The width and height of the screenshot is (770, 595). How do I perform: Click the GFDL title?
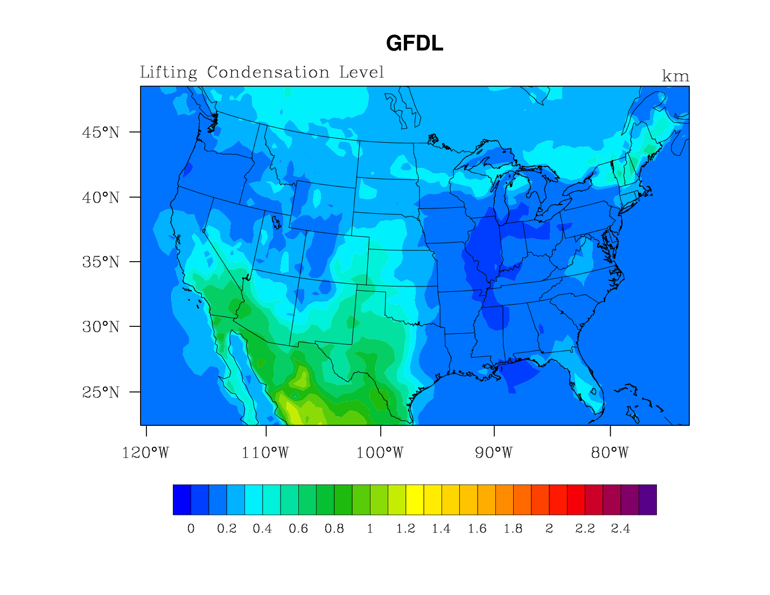415,44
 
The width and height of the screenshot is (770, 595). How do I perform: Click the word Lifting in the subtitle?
169,72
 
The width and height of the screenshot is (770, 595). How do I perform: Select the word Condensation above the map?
268,72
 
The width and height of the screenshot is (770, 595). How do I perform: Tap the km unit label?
675,76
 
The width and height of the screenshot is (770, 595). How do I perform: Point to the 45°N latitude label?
101,132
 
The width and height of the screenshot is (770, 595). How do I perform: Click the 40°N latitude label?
101,198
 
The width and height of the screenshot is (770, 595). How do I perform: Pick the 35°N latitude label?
101,262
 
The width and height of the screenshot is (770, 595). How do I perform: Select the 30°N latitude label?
101,327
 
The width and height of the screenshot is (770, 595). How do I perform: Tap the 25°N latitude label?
101,392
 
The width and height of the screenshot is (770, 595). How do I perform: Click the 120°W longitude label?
145,453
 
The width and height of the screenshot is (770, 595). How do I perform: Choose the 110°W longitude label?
265,453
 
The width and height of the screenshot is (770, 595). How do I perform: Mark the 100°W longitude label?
380,453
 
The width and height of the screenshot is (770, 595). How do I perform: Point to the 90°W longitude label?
494,453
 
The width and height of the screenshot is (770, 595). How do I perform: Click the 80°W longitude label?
610,453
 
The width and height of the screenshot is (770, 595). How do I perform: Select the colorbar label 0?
191,529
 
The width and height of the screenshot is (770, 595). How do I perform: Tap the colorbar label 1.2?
405,529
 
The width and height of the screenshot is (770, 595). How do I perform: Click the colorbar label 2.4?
620,529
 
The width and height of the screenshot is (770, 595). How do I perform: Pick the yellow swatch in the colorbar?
415,500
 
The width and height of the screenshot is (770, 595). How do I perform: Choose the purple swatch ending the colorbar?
647,500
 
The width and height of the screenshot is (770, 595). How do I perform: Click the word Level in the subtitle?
362,72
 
